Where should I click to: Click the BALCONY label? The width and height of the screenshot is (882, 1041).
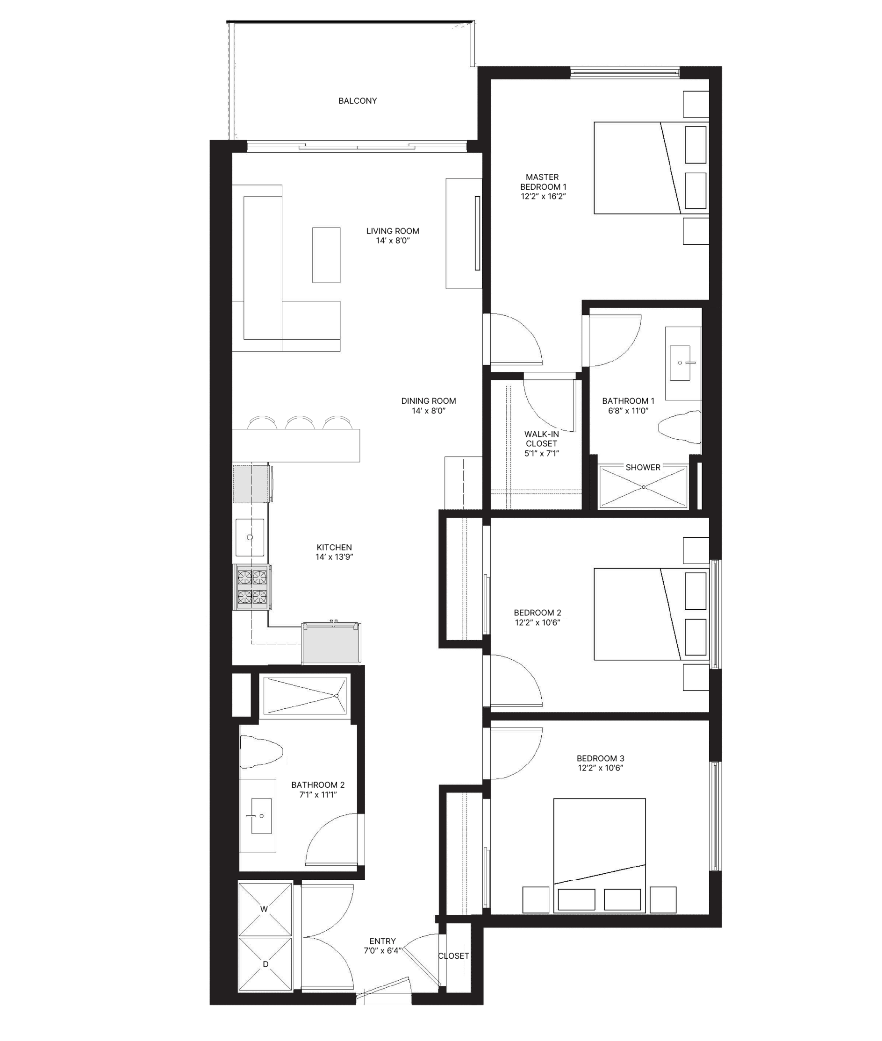pos(358,101)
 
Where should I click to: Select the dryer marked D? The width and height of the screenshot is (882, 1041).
pos(265,964)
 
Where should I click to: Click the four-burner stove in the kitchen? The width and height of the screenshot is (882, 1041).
pos(252,587)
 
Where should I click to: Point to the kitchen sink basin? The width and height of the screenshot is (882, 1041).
pos(250,537)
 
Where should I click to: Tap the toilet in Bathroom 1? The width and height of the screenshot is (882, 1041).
pos(680,427)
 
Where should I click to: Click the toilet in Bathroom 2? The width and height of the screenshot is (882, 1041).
pos(261,751)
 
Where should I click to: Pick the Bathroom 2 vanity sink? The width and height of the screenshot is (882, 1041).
pos(261,816)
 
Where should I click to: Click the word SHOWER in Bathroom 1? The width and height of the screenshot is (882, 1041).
pos(643,467)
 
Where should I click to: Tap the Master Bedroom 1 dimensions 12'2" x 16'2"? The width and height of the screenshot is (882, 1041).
pos(543,196)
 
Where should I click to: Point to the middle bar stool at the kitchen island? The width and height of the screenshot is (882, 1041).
pos(300,423)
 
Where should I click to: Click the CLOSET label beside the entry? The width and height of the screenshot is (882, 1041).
pos(453,956)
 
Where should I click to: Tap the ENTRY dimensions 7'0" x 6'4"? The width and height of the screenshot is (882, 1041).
pos(383,950)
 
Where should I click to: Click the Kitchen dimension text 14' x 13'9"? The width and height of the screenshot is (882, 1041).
pos(334,557)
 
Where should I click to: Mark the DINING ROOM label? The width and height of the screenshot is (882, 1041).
pos(429,401)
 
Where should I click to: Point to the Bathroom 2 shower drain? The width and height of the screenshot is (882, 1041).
pos(337,696)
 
